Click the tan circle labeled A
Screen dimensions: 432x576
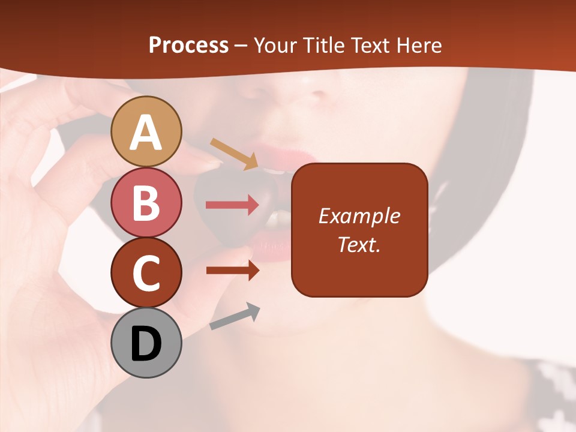(x=146, y=131)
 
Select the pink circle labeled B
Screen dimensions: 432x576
(x=146, y=202)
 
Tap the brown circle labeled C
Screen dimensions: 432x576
(x=146, y=272)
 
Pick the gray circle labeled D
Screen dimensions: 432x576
(x=146, y=343)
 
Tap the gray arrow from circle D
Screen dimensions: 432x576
(x=235, y=316)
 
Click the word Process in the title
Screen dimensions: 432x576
(x=188, y=45)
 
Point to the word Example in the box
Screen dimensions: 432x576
(x=359, y=216)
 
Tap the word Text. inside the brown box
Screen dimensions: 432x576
(x=359, y=244)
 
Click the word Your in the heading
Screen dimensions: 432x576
(x=275, y=45)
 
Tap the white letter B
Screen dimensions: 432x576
(x=146, y=202)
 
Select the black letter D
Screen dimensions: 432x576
(x=146, y=343)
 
